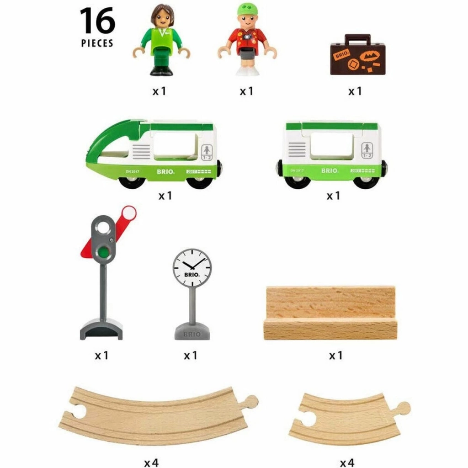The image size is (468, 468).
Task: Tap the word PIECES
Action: (97, 43)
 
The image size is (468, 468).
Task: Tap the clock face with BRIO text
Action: (192, 268)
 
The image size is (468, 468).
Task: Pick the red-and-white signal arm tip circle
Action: (129, 212)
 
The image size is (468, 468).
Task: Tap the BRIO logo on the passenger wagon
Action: (329, 170)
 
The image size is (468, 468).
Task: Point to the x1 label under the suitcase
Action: (355, 91)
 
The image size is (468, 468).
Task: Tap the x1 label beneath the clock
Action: (190, 355)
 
